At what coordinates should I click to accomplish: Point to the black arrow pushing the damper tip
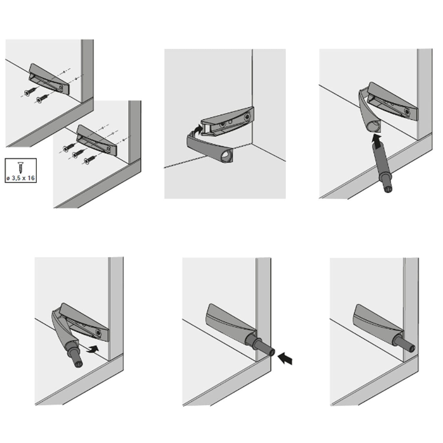(285, 358)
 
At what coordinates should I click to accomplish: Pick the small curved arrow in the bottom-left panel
(92, 350)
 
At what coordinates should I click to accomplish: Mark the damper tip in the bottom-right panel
(412, 349)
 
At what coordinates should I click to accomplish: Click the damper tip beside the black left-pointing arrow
(271, 351)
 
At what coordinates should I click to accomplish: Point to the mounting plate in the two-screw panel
(49, 79)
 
